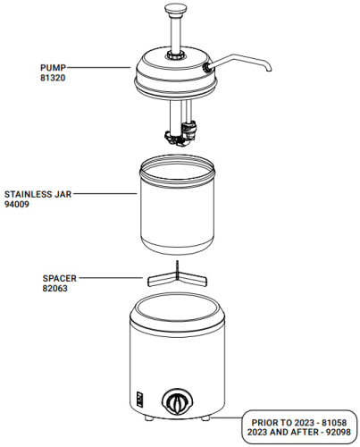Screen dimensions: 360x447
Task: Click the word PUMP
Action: (x=53, y=67)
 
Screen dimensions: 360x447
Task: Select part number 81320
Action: (x=53, y=78)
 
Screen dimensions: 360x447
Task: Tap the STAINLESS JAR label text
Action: (x=38, y=194)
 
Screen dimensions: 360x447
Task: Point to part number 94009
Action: (x=17, y=205)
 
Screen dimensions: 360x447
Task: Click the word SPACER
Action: (x=60, y=278)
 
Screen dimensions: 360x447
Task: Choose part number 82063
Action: (x=55, y=289)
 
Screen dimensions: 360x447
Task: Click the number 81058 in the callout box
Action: (x=334, y=423)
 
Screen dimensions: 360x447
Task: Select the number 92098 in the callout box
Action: (x=339, y=432)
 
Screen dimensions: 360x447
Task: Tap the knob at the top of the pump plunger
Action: (x=175, y=10)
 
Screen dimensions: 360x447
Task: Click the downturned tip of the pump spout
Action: (x=268, y=69)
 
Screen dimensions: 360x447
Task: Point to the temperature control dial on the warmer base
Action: (x=178, y=401)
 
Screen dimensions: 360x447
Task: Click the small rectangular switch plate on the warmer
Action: (x=139, y=398)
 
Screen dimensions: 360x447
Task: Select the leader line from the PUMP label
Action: (x=98, y=68)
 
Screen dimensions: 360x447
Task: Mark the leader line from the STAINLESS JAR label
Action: (x=105, y=194)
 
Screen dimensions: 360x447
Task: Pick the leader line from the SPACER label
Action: (x=111, y=278)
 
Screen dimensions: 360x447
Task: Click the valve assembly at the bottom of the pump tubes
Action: (x=181, y=134)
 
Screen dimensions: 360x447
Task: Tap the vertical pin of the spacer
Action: (x=177, y=270)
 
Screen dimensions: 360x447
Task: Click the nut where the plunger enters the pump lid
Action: (x=175, y=55)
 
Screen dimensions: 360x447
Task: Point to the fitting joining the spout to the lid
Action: (x=207, y=68)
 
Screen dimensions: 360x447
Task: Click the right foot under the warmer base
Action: (x=205, y=418)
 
